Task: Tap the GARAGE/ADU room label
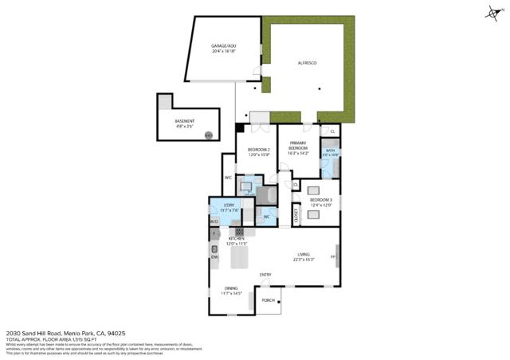click(223, 46)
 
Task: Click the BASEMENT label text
click(184, 121)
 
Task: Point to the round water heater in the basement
click(209, 135)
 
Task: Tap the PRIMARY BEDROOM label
click(298, 147)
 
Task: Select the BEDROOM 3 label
click(320, 200)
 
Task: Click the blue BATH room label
click(330, 151)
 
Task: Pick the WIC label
click(228, 178)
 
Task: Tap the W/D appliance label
click(214, 221)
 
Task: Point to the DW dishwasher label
click(214, 256)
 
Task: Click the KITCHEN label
click(237, 239)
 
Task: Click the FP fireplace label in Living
click(333, 257)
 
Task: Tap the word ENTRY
click(265, 275)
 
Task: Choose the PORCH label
click(268, 300)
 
